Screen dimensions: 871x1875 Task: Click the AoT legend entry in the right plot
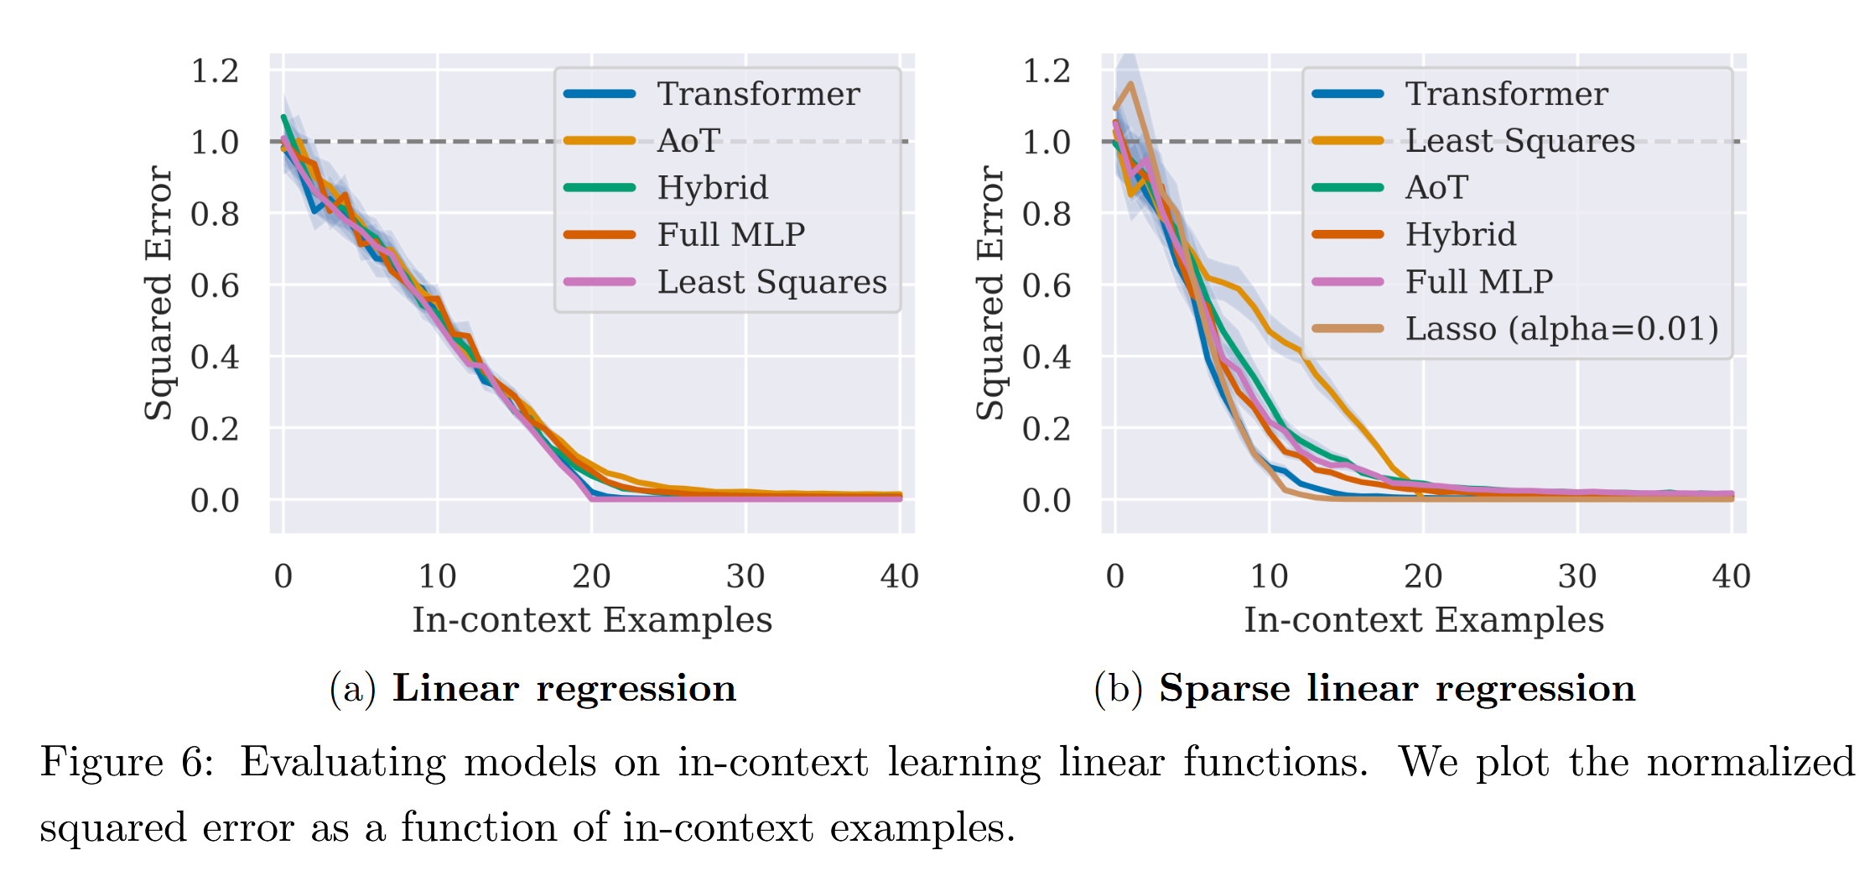click(x=1436, y=188)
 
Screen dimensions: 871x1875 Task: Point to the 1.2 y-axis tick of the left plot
click(x=215, y=71)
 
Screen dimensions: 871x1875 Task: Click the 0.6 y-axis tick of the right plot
click(x=1047, y=286)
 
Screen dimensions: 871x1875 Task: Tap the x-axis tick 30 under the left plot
click(x=745, y=576)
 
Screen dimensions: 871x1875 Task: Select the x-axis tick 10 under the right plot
click(x=1269, y=576)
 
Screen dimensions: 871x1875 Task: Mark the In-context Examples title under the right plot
click(x=1423, y=620)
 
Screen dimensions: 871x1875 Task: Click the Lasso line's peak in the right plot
click(x=1131, y=84)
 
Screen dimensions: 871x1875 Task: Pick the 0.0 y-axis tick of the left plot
click(x=215, y=501)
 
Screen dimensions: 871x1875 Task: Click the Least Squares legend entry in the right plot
click(x=1519, y=141)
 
